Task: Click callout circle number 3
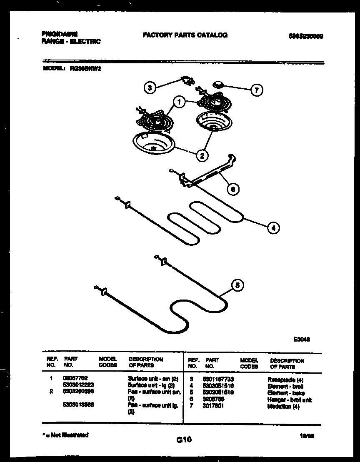pyautogui.click(x=150, y=87)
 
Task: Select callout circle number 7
pyautogui.click(x=257, y=90)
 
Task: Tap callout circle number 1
pyautogui.click(x=179, y=102)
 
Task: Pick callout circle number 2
pyautogui.click(x=202, y=155)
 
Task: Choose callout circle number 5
pyautogui.click(x=237, y=285)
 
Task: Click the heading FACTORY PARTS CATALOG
pyautogui.click(x=185, y=35)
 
